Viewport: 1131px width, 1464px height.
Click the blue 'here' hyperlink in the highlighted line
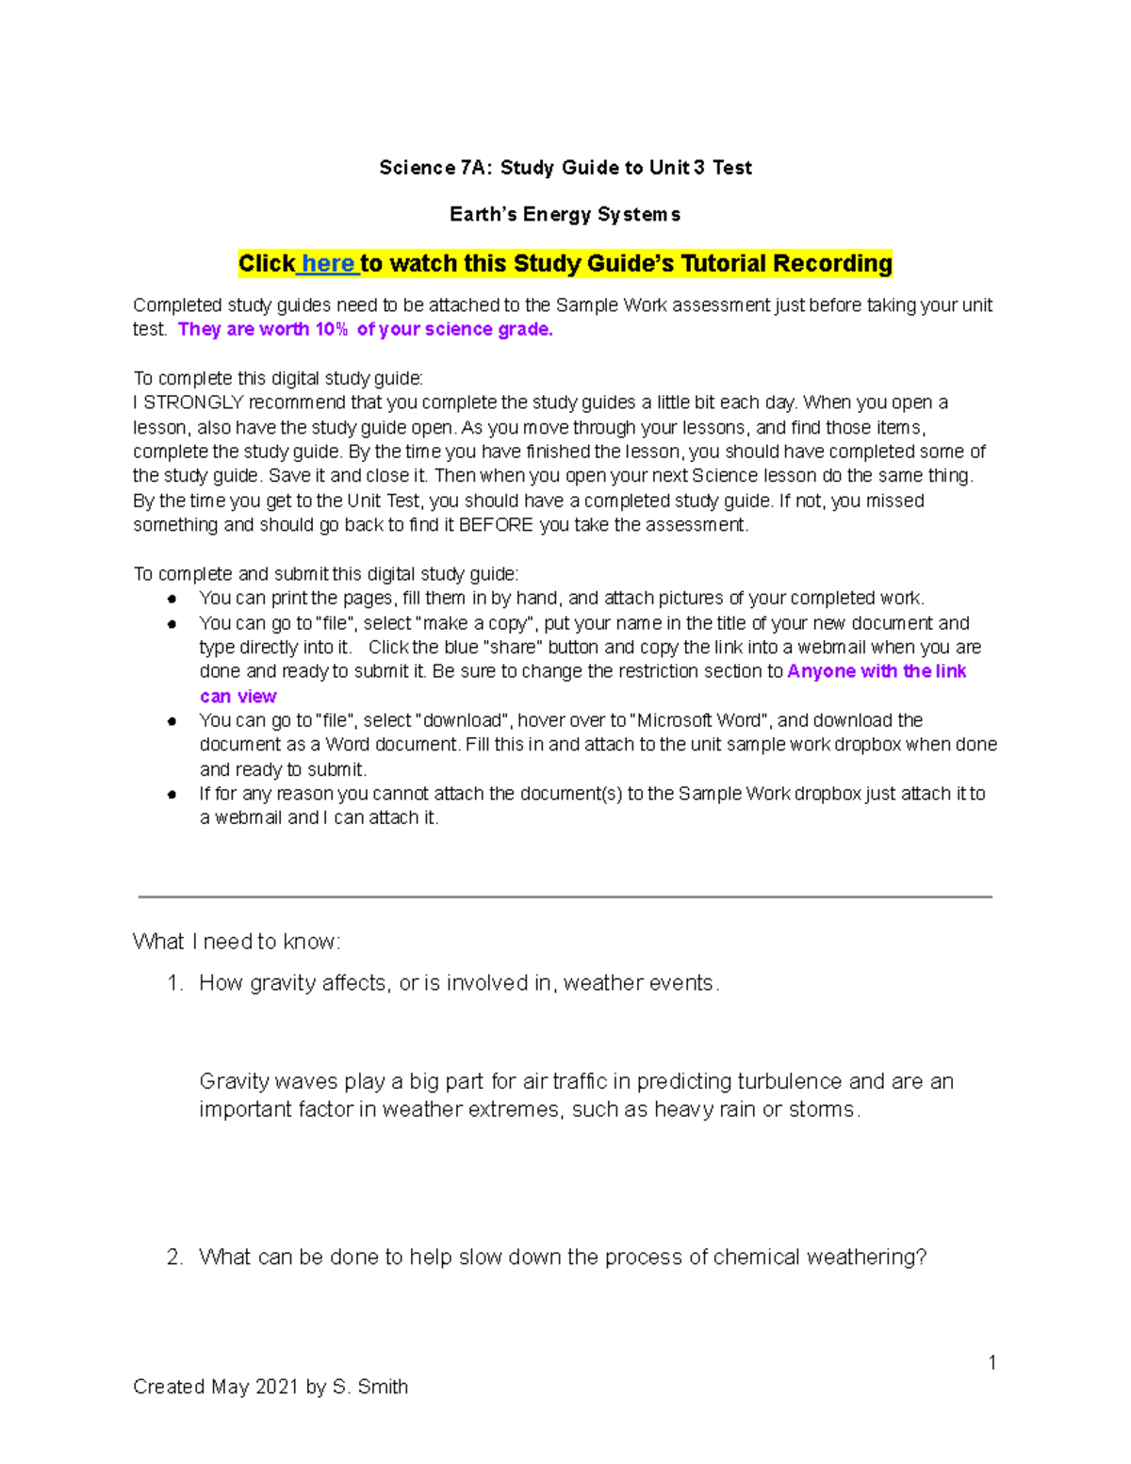328,264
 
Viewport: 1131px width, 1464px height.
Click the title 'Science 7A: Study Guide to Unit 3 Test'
565,168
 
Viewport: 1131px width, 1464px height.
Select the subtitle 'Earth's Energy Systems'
565,215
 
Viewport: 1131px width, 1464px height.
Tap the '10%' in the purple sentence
331,329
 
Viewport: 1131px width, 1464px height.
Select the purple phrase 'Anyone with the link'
877,671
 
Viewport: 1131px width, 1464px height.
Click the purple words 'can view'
238,697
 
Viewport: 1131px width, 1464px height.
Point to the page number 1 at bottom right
992,1362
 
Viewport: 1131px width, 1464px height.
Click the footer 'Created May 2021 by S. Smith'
270,1387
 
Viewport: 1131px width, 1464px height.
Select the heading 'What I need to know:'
237,942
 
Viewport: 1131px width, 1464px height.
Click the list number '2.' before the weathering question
174,1258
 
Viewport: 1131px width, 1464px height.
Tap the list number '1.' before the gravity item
174,983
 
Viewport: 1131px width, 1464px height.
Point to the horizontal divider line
565,896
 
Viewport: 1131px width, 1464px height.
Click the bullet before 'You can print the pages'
172,599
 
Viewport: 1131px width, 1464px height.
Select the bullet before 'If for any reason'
172,795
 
